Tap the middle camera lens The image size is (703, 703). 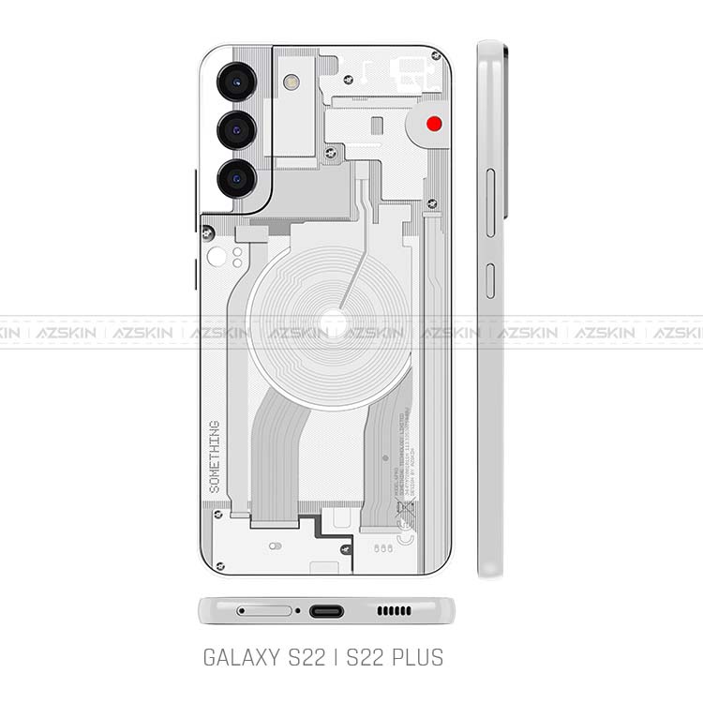pos(234,129)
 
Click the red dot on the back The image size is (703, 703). pos(434,123)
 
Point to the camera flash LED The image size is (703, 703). pos(291,82)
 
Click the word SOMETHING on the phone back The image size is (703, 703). pos(215,457)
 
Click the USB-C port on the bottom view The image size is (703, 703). pos(326,611)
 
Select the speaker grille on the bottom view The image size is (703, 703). pos(394,611)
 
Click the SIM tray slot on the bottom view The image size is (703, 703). pos(264,611)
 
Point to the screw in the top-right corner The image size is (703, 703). pos(436,56)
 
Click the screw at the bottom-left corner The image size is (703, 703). pos(219,565)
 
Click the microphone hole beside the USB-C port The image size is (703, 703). pos(298,611)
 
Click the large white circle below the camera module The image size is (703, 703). pos(217,259)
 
